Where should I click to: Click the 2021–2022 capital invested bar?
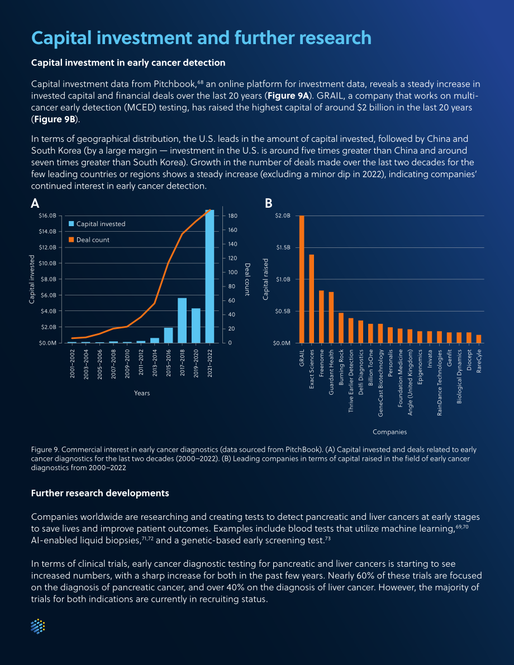210,276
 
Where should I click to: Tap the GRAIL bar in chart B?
302,279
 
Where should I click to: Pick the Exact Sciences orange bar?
312,299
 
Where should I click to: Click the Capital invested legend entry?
97,224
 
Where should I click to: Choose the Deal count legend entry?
89,240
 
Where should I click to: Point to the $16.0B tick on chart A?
47,216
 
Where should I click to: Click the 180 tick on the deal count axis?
232,216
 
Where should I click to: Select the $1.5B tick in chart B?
283,248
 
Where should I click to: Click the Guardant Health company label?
331,372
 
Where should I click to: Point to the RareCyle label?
479,361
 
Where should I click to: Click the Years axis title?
142,393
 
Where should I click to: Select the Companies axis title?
389,432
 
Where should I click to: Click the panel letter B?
268,204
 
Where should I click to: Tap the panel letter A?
35,204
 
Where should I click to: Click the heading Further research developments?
100,493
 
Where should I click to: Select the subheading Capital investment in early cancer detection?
128,63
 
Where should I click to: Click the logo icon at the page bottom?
38,626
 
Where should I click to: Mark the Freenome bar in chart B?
321,317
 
